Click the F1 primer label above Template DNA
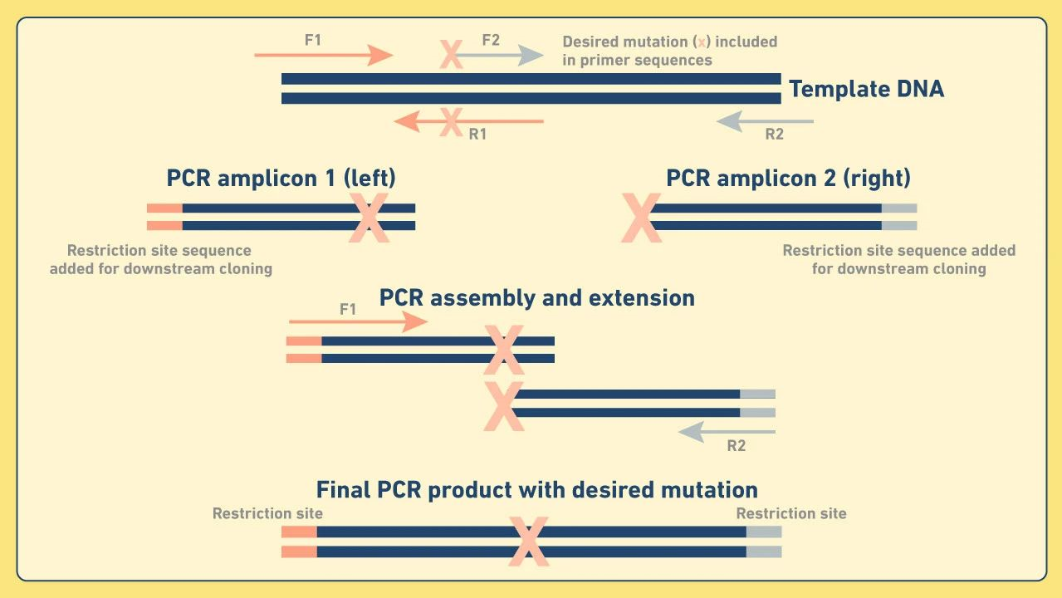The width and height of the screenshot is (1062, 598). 313,39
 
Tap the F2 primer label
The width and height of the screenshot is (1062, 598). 491,39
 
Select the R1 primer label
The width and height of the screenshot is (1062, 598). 477,135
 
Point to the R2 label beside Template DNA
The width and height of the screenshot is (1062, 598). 774,135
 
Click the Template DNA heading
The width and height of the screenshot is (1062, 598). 866,89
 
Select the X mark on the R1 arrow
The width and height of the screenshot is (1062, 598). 450,122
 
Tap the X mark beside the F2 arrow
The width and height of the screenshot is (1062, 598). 450,56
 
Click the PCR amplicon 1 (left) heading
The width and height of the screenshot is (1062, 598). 281,179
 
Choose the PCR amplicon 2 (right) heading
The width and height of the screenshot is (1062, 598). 788,179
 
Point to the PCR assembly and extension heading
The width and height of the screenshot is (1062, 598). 536,298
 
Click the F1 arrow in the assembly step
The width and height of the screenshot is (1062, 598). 358,322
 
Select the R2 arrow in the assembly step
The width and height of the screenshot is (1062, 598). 727,432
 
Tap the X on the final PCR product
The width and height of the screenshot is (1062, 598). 528,541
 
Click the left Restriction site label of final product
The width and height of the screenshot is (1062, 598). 267,513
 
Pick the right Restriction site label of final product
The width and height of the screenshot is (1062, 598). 791,513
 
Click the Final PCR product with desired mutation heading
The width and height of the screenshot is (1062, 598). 536,489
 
